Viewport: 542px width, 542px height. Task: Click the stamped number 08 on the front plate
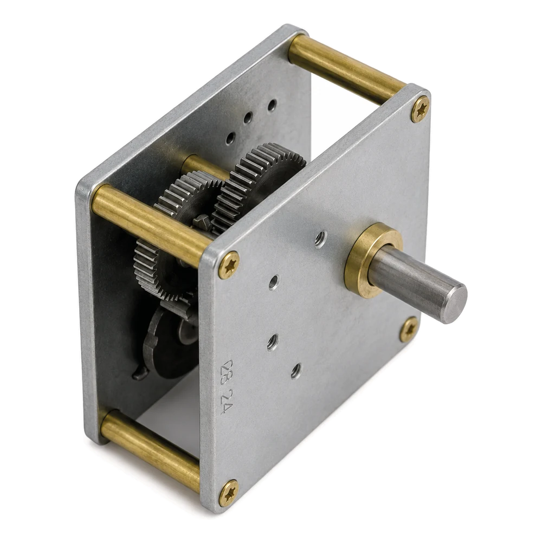pyautogui.click(x=228, y=372)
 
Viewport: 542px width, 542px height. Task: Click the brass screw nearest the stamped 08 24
pyautogui.click(x=229, y=493)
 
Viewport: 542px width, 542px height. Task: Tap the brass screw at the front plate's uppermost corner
pyautogui.click(x=421, y=109)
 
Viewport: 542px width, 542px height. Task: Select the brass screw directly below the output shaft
pyautogui.click(x=409, y=329)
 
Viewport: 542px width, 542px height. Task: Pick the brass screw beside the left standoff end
pyautogui.click(x=229, y=265)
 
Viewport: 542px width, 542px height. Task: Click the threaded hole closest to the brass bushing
pyautogui.click(x=320, y=239)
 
